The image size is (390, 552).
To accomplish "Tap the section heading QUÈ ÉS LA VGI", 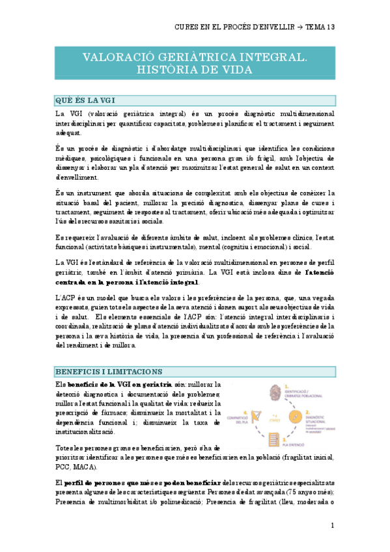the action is point(85,100).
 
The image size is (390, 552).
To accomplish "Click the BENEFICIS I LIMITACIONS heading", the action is point(108,371).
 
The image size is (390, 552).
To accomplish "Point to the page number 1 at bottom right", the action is point(332,525).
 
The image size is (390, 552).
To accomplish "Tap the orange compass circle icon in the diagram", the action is point(296,415).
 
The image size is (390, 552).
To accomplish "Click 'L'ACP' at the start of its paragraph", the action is point(64,296).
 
